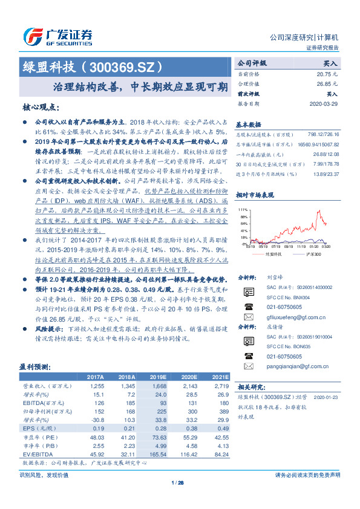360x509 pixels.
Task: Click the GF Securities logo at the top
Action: pyautogui.click(x=58, y=37)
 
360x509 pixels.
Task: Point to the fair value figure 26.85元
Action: pyautogui.click(x=329, y=83)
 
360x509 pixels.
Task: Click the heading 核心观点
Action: pyautogui.click(x=41, y=108)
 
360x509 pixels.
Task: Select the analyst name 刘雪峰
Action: pyautogui.click(x=273, y=277)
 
